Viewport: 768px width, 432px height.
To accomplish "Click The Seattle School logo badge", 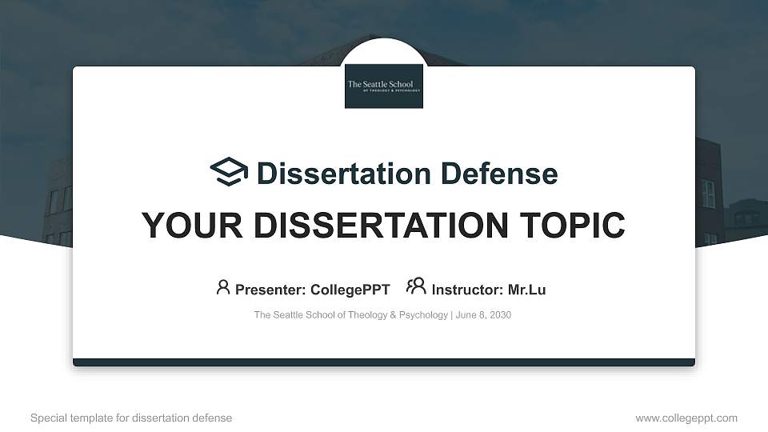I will tap(384, 86).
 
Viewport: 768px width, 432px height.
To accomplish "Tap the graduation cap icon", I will tap(229, 172).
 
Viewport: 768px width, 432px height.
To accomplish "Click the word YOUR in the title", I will tap(180, 226).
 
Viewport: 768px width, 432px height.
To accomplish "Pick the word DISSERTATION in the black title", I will tap(372, 226).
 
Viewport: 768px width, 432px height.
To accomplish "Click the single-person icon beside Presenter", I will tap(223, 287).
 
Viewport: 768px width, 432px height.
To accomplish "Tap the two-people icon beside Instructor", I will tap(416, 286).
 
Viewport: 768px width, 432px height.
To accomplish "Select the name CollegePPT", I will tap(350, 290).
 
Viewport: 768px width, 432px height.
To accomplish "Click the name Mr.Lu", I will tap(526, 290).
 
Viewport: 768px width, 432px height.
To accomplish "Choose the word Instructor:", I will tap(467, 290).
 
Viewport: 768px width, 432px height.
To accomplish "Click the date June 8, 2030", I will tap(485, 315).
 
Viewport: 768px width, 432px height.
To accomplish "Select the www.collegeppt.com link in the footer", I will tap(686, 418).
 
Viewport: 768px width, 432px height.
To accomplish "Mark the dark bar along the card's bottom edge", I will tap(384, 362).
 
